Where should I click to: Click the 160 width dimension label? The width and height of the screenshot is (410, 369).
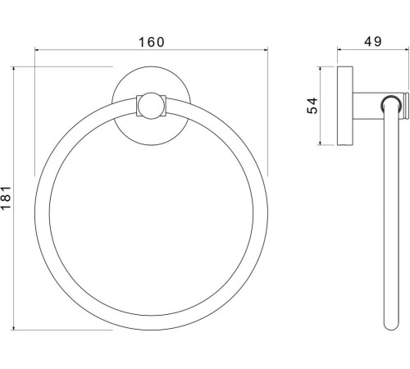(x=152, y=42)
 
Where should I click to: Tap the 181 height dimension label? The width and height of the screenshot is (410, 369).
(x=6, y=198)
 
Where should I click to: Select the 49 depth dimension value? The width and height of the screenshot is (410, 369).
(x=373, y=42)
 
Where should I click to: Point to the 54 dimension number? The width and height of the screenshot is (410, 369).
(x=312, y=106)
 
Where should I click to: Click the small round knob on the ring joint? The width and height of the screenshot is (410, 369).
(x=151, y=106)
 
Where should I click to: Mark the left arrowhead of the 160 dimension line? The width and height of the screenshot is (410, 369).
(x=37, y=50)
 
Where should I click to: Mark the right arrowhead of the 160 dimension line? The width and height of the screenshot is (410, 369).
(x=266, y=50)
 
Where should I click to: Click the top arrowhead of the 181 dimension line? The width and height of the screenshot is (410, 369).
(x=13, y=69)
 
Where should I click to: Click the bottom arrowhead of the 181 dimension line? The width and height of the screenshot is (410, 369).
(x=13, y=327)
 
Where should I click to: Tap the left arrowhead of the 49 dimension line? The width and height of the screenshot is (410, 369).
(x=339, y=49)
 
